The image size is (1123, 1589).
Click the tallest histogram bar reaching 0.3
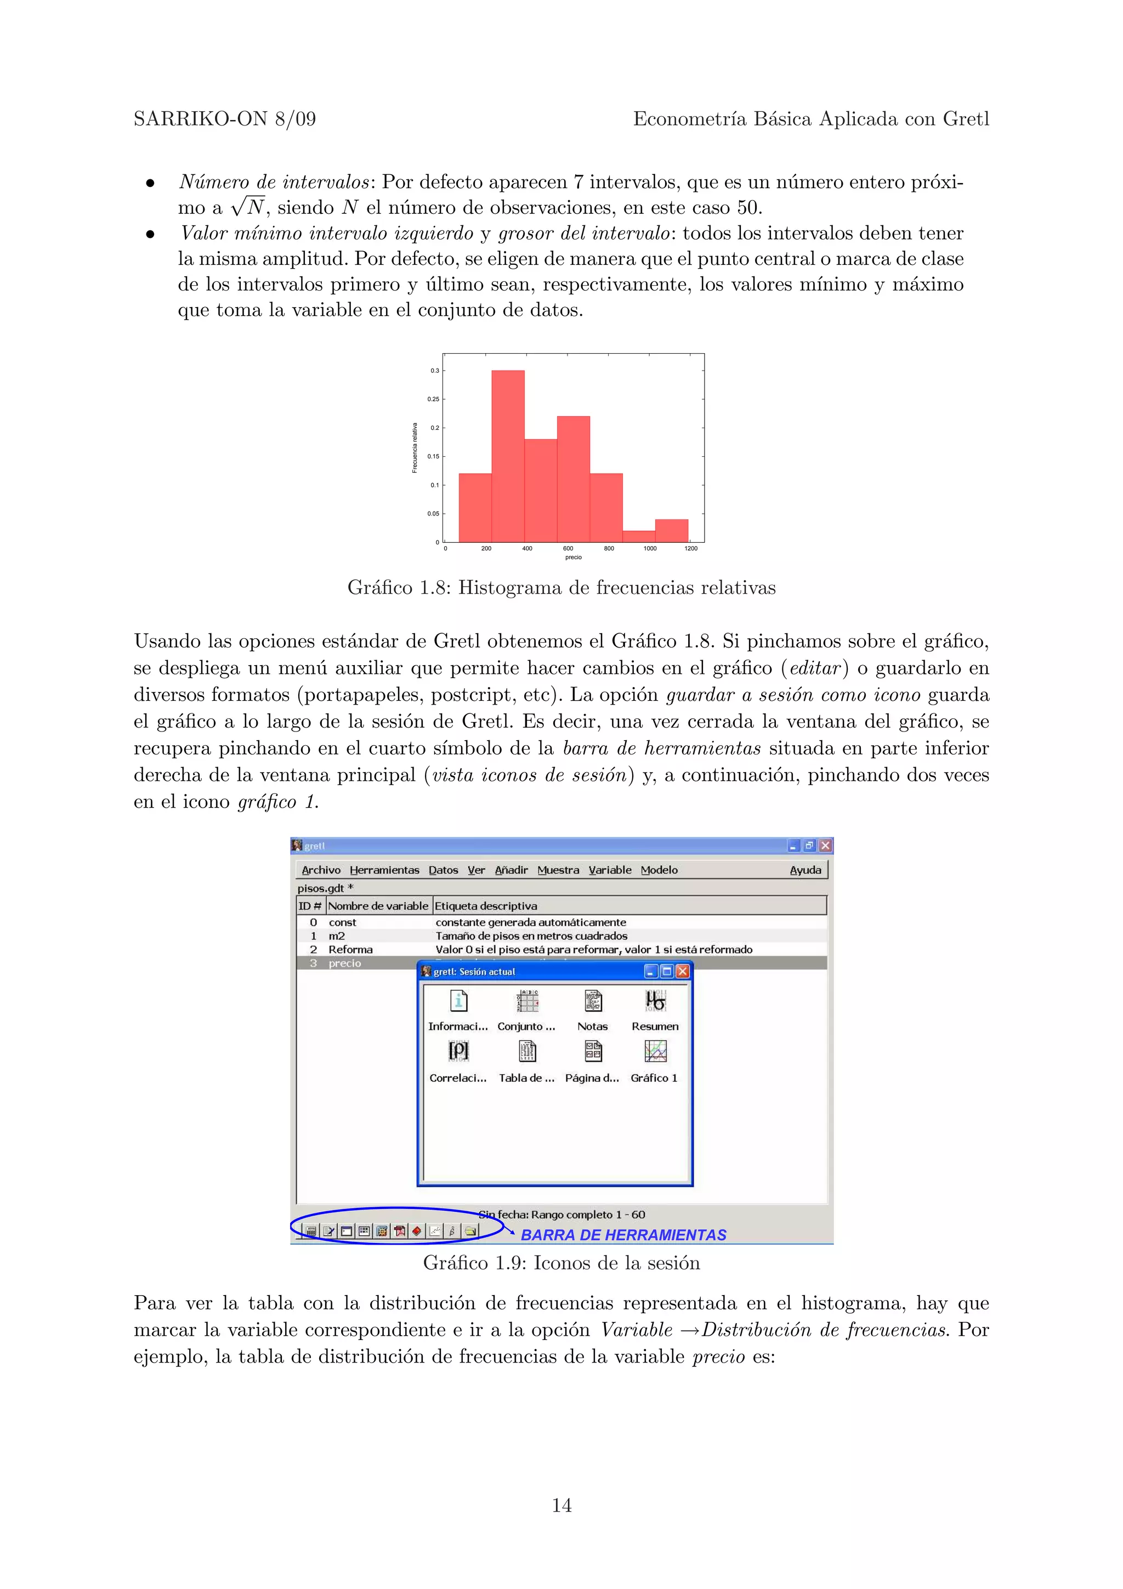pos(508,457)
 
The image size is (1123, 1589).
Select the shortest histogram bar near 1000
pos(639,536)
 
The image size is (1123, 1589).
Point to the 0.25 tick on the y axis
pos(434,399)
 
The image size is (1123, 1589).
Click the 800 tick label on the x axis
pos(609,549)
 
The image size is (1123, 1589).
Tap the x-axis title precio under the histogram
pos(573,558)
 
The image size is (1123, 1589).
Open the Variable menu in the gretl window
pos(610,870)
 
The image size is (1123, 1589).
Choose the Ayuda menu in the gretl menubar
pos(806,870)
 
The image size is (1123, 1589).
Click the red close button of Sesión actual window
pos(682,972)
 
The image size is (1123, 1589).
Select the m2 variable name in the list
pos(337,935)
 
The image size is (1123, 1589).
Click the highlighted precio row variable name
pos(344,963)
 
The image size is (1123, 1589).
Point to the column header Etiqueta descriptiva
pos(486,906)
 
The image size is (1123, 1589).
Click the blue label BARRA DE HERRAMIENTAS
pos(623,1235)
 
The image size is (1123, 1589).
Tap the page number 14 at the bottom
pos(561,1505)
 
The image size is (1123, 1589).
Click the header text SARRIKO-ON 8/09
pos(225,119)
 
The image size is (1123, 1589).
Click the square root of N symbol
pos(248,206)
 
